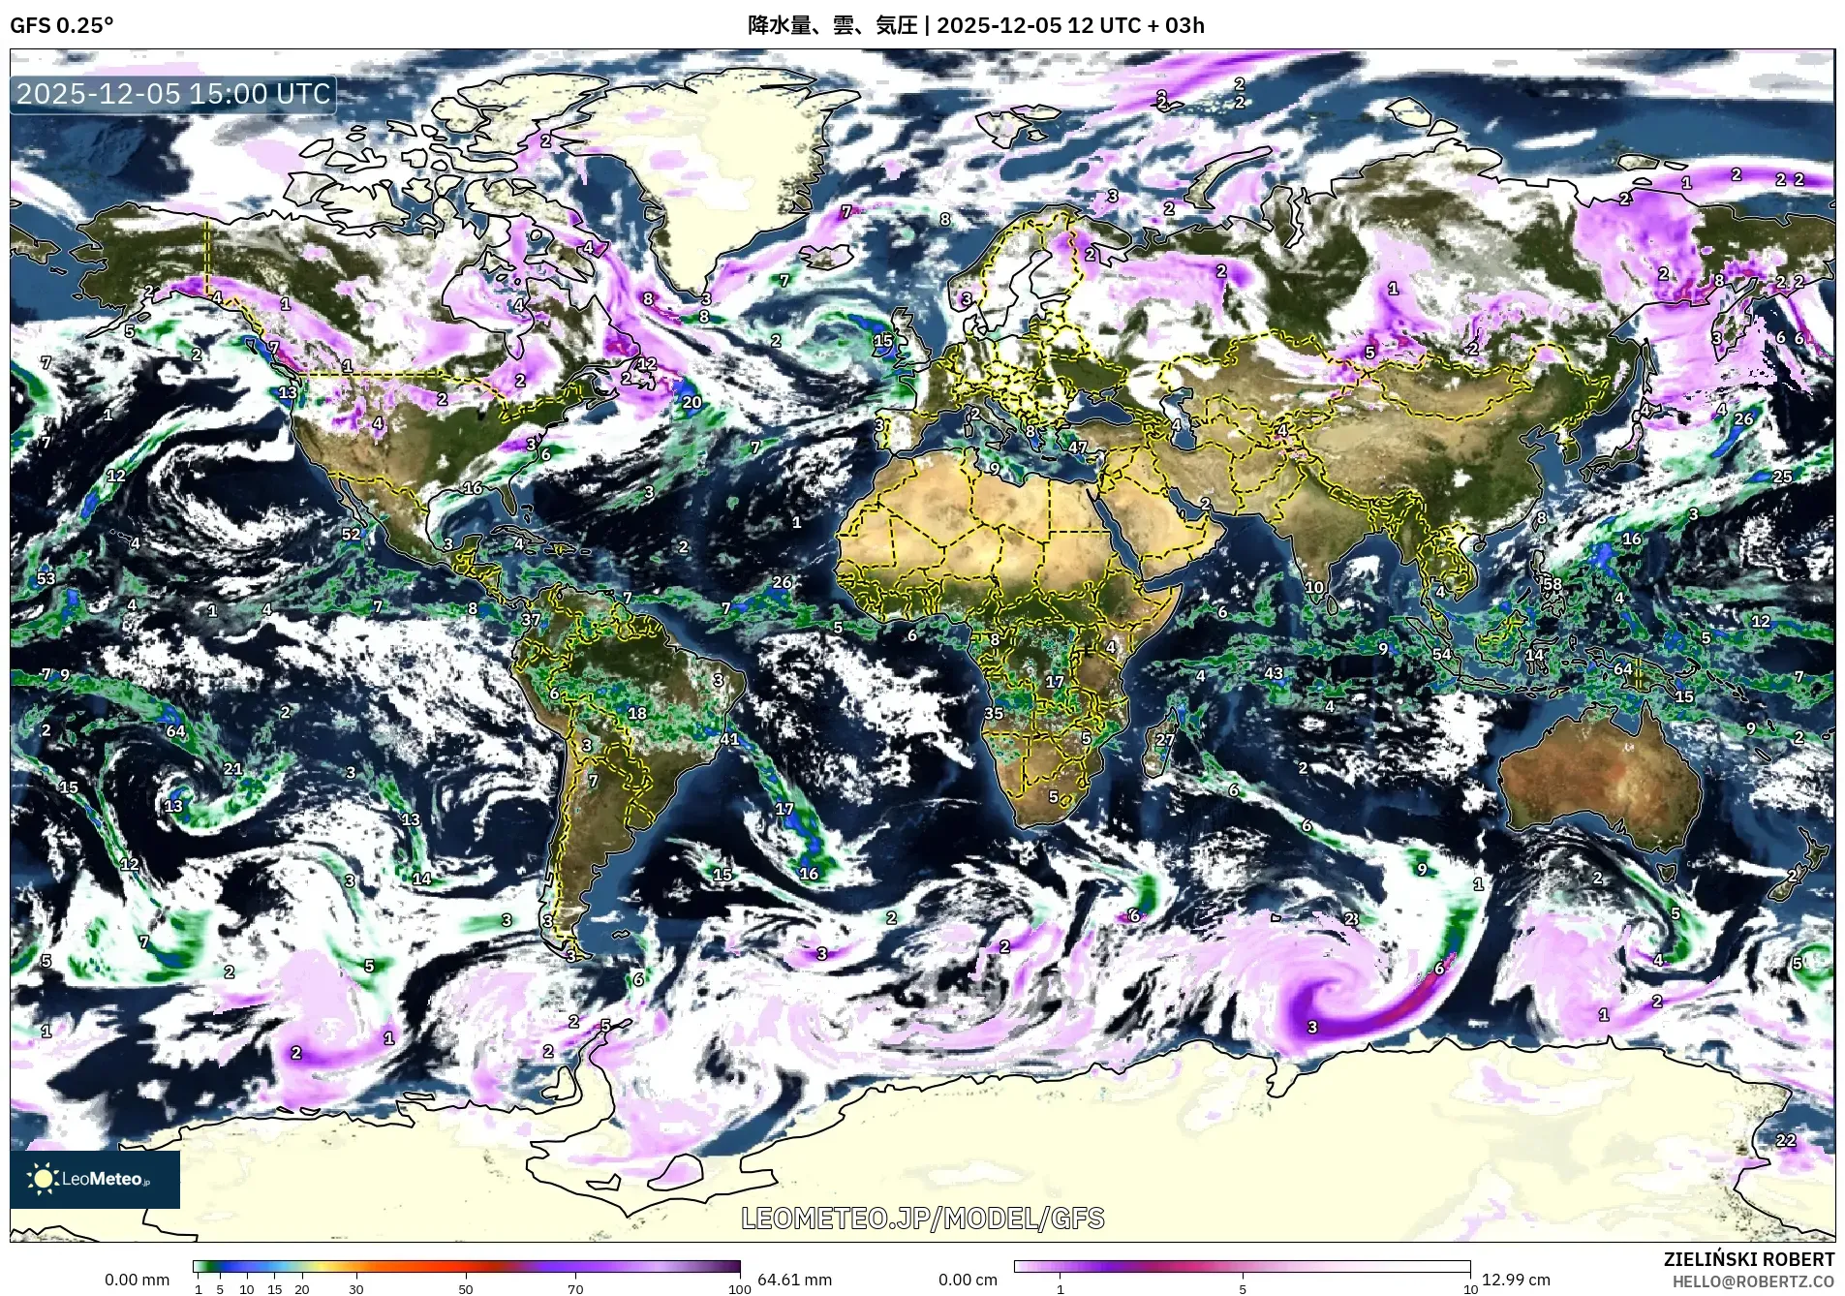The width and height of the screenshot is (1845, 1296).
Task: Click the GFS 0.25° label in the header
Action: click(x=61, y=25)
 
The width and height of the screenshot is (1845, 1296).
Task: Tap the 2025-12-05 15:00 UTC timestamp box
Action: click(x=173, y=94)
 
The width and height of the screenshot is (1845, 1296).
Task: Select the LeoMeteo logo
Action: click(x=95, y=1179)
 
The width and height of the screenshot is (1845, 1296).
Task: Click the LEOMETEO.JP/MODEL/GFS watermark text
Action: click(x=922, y=1218)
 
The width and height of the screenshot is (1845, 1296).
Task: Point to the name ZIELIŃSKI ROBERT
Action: click(x=1748, y=1259)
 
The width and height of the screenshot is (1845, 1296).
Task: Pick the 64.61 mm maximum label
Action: click(x=794, y=1280)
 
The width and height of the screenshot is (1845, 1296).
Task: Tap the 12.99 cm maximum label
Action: click(x=1516, y=1280)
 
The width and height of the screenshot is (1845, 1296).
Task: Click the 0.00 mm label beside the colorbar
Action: click(x=137, y=1280)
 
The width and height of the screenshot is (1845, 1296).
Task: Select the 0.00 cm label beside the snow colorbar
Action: click(x=968, y=1280)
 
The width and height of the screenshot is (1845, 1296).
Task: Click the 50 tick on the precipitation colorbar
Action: click(x=466, y=1289)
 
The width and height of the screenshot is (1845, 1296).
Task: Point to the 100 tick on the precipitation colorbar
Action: click(x=739, y=1289)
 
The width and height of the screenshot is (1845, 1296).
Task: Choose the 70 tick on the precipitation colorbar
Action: click(x=575, y=1289)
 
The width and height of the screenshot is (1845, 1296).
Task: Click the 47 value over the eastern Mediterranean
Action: click(x=1078, y=447)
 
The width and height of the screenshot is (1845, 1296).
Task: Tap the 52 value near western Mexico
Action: click(x=351, y=534)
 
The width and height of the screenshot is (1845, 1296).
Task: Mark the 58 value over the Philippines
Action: click(x=1553, y=584)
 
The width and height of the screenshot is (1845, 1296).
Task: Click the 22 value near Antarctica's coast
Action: click(x=1786, y=1140)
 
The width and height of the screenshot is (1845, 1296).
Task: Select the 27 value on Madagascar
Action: click(x=1165, y=740)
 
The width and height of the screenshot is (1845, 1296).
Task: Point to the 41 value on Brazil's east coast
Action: click(x=729, y=739)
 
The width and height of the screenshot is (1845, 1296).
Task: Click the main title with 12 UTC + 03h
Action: click(x=975, y=25)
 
